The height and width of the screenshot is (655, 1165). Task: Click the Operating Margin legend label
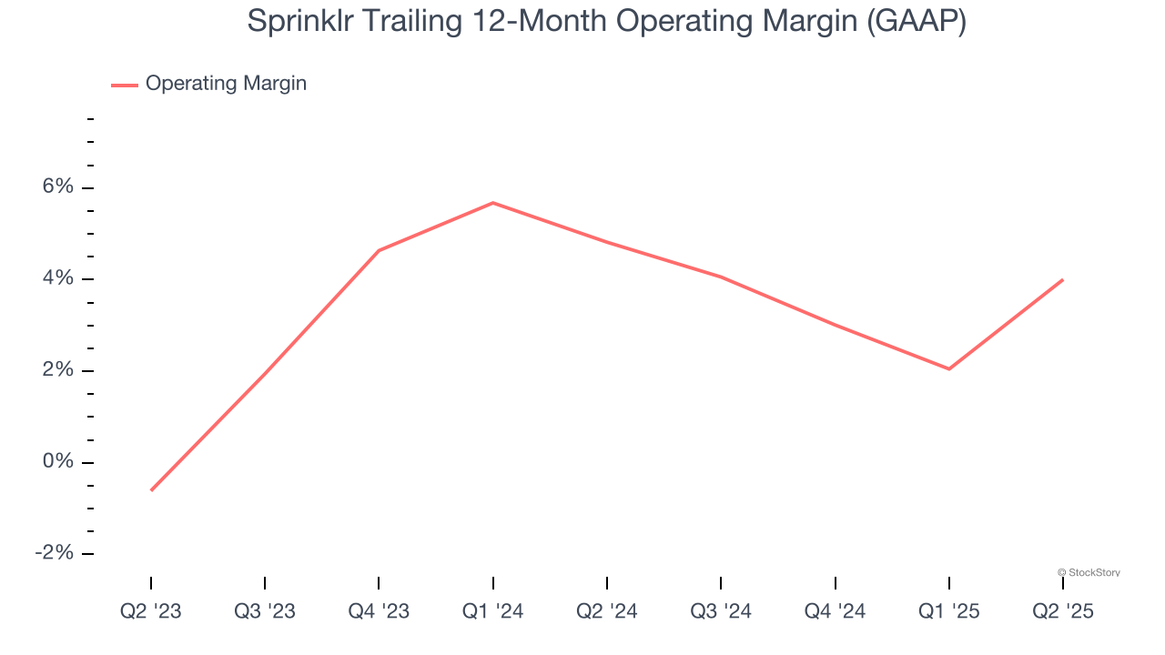(x=226, y=84)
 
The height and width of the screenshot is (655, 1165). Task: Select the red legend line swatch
(x=124, y=85)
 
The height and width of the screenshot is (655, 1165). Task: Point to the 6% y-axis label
(x=57, y=186)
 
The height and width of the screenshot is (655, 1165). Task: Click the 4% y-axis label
(x=57, y=278)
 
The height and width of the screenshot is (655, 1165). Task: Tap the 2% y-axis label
(x=57, y=370)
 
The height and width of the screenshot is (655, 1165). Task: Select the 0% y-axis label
(x=57, y=462)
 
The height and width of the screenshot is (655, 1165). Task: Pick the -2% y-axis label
(x=54, y=553)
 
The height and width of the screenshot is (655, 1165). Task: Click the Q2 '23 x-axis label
(x=151, y=612)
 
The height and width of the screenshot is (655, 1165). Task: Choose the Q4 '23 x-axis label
(x=379, y=612)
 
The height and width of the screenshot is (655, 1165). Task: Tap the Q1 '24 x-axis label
(x=492, y=612)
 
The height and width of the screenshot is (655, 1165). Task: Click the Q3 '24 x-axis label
(x=721, y=612)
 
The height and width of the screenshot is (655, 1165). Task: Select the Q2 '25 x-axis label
(x=1062, y=612)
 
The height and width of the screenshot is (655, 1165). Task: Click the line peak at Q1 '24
(x=492, y=203)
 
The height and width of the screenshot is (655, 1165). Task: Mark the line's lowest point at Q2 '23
(x=151, y=490)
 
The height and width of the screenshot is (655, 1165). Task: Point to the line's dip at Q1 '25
(x=948, y=368)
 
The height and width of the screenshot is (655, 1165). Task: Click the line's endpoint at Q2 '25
(x=1062, y=280)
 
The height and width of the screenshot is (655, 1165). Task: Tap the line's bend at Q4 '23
(x=379, y=250)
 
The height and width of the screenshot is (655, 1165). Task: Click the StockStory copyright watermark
(x=1089, y=572)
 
